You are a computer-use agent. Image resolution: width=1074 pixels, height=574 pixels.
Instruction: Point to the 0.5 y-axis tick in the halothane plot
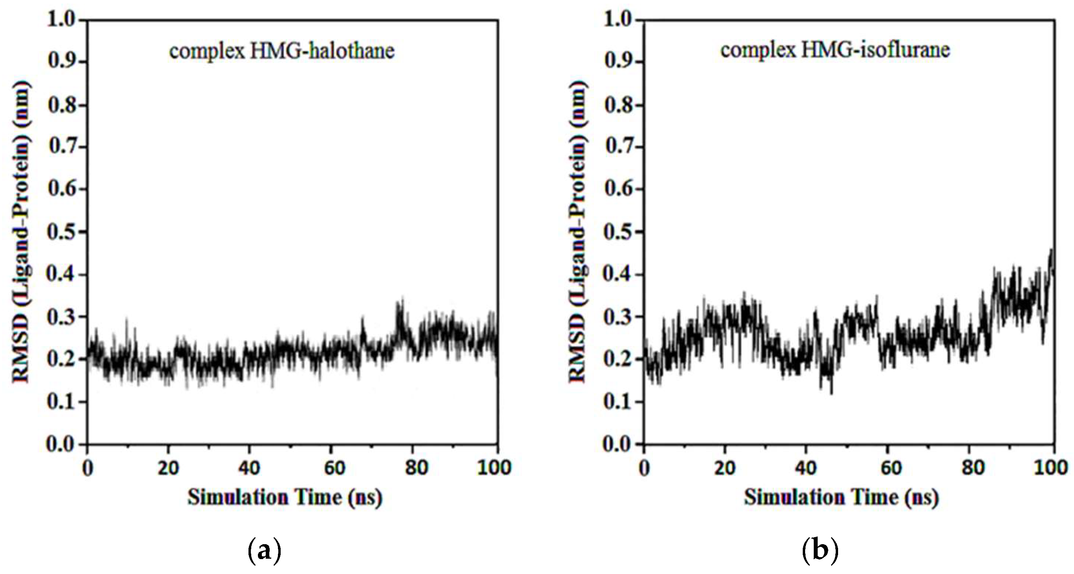(x=62, y=232)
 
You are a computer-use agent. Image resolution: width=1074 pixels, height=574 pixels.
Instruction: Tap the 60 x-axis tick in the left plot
(x=335, y=468)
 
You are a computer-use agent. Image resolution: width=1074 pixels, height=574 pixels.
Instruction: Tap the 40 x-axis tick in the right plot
(x=806, y=468)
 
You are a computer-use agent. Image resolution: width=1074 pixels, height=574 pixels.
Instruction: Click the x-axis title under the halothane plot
(x=285, y=497)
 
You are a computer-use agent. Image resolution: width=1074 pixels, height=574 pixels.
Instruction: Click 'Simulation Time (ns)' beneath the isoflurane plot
(x=841, y=497)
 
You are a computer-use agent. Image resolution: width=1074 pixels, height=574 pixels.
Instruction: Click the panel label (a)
(x=264, y=551)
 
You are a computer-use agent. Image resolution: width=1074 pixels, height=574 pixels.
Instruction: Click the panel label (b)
(x=820, y=551)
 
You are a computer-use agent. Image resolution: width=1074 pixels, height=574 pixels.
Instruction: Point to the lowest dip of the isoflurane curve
(x=832, y=393)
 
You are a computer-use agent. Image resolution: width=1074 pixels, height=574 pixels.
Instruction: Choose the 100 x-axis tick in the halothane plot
(x=495, y=468)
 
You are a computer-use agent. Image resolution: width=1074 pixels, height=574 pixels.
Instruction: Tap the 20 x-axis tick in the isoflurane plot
(x=725, y=468)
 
